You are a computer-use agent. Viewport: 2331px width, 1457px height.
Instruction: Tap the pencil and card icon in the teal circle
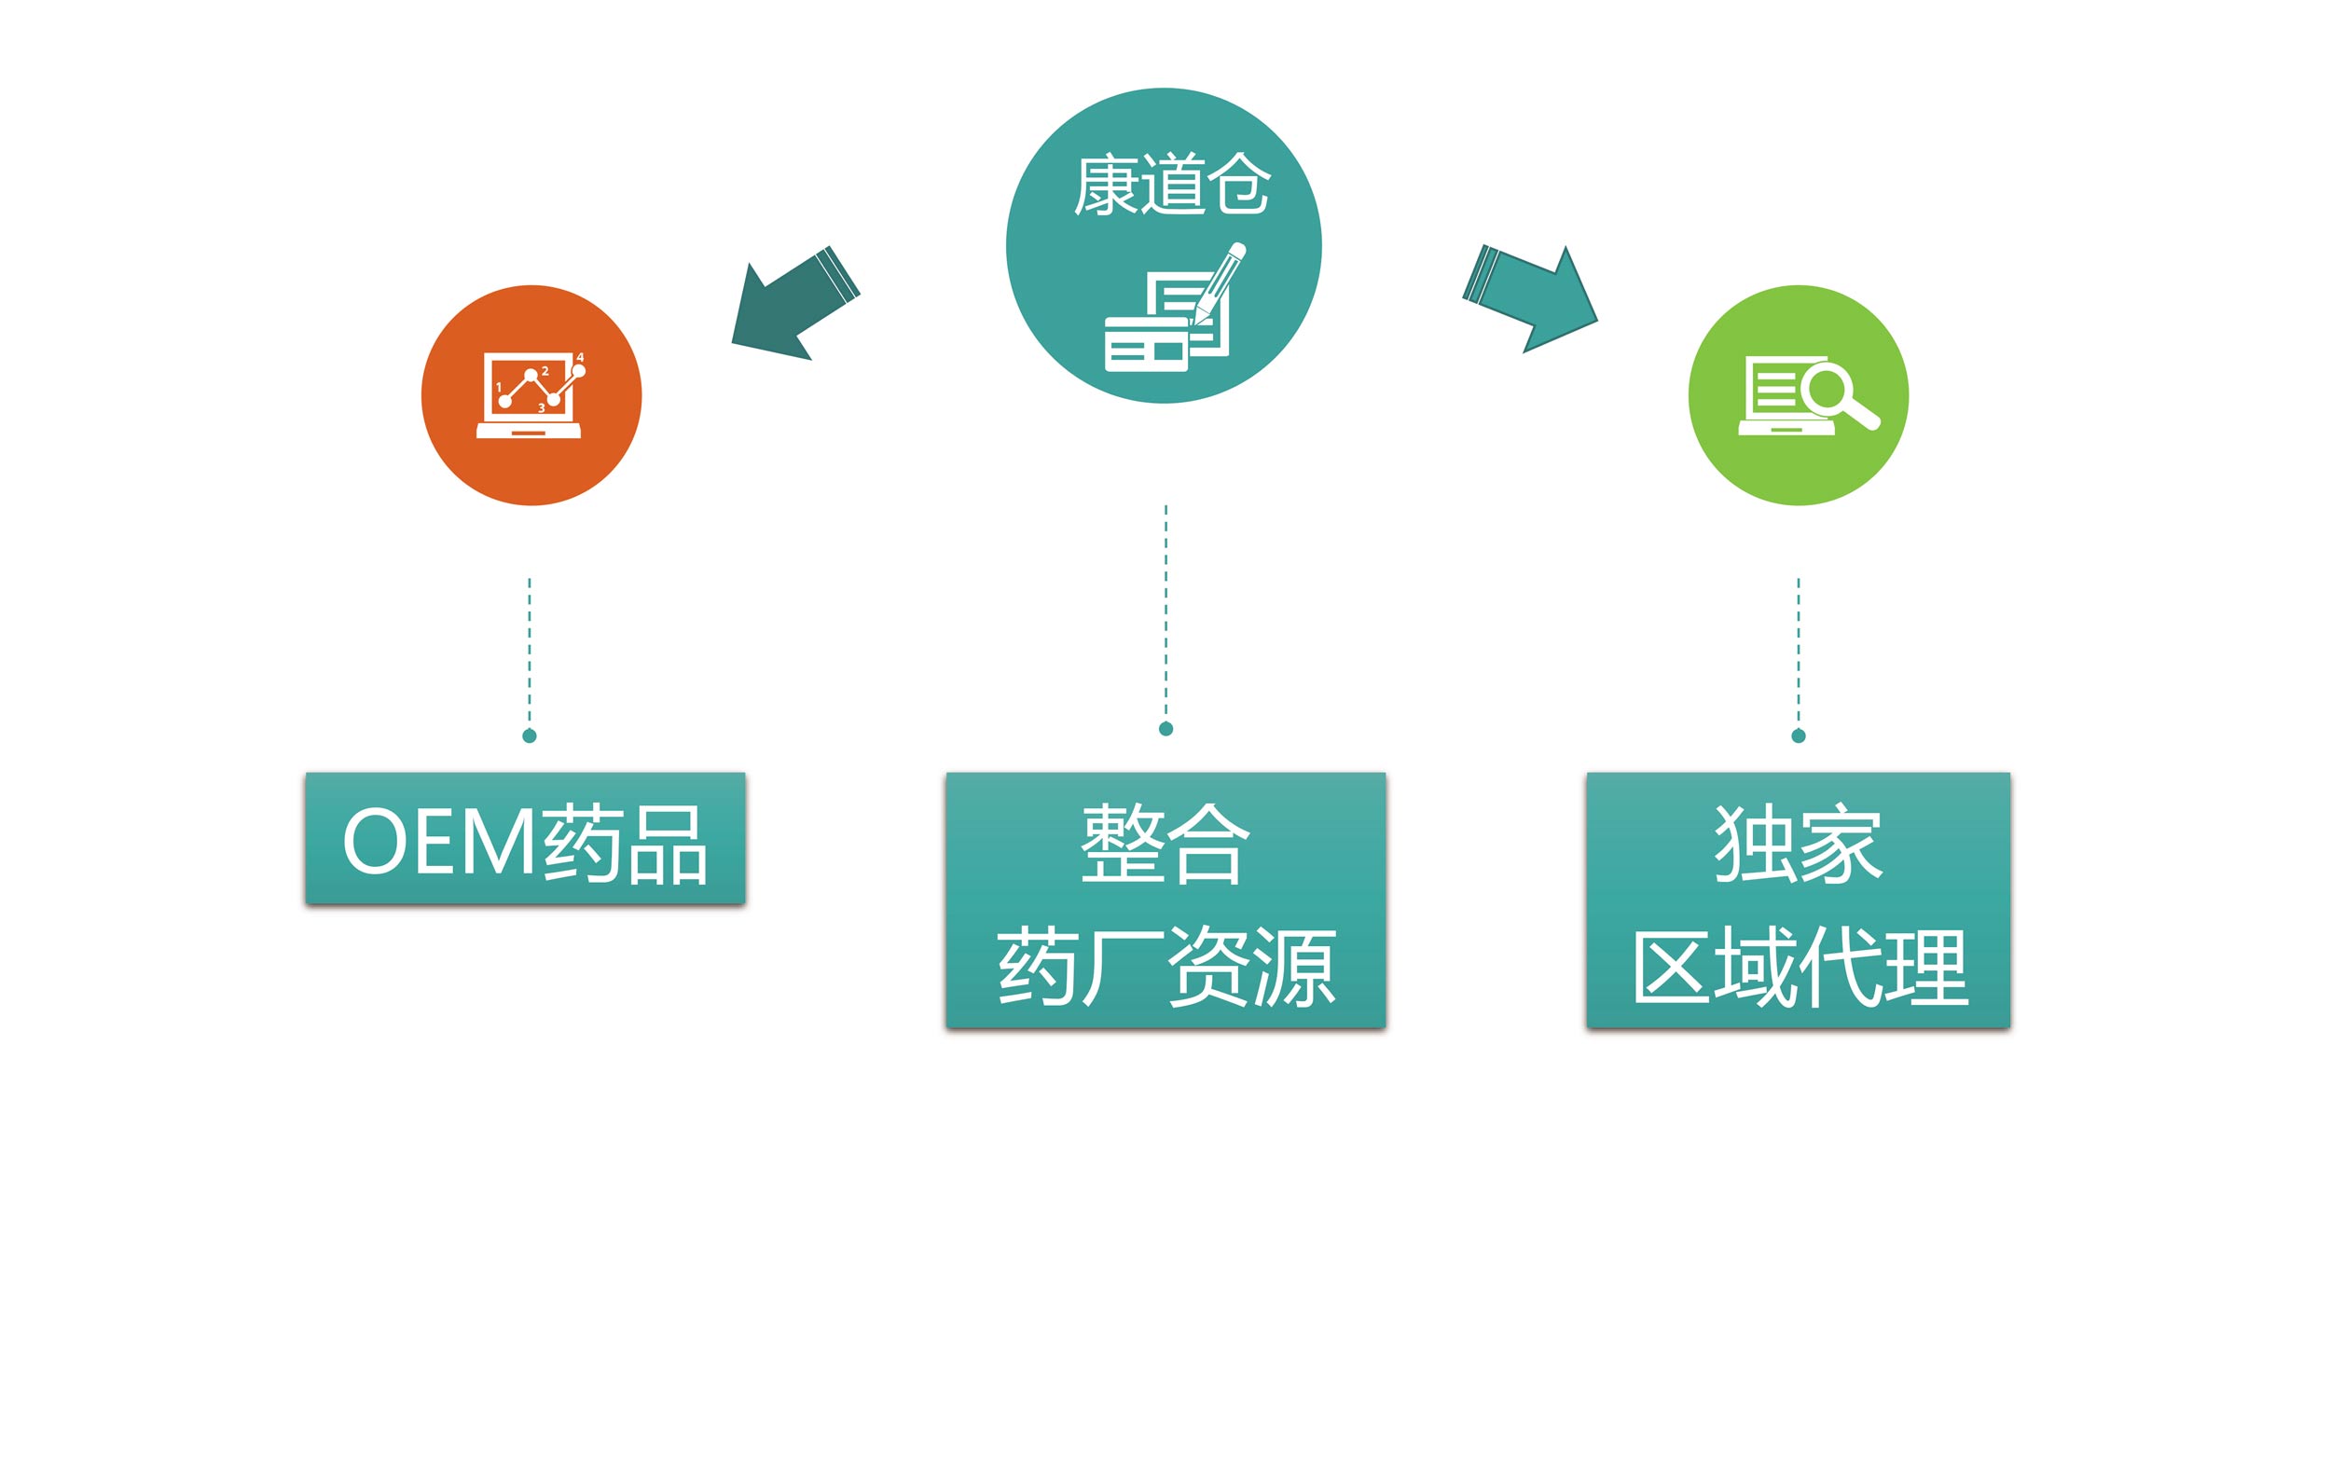point(1176,308)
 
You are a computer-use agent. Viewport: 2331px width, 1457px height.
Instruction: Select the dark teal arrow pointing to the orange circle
point(795,304)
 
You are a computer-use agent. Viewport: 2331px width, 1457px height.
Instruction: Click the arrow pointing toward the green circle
point(1529,298)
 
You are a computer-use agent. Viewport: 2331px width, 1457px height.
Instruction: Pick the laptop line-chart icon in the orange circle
point(531,395)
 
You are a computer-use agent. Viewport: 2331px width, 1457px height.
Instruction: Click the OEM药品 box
point(525,838)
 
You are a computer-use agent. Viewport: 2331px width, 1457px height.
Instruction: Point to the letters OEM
point(440,842)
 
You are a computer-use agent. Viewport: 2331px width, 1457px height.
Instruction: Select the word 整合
point(1165,844)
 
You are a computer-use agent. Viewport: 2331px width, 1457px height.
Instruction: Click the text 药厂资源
point(1166,967)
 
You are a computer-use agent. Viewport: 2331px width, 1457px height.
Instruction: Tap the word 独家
point(1798,844)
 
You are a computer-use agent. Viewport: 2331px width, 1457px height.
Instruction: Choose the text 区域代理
point(1798,967)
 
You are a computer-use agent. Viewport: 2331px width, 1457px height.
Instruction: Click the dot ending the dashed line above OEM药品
point(529,736)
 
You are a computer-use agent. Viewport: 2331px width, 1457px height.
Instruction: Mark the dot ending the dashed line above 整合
point(1166,729)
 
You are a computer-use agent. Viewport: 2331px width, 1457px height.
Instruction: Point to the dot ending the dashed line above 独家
point(1798,736)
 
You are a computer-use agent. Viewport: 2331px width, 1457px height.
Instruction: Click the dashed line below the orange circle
point(529,653)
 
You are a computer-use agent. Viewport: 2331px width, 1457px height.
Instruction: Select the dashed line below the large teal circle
point(1166,612)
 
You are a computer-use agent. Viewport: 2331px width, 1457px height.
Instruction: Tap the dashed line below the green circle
point(1798,653)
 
